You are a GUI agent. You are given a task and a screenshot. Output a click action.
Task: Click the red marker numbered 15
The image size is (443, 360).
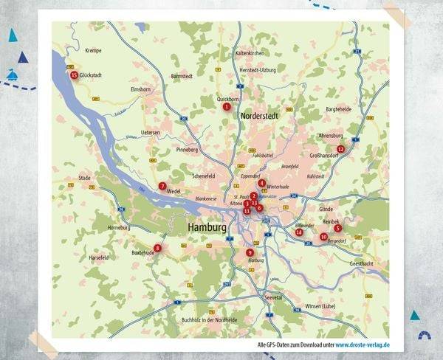click(74, 75)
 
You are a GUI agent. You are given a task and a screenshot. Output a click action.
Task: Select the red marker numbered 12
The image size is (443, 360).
click(340, 149)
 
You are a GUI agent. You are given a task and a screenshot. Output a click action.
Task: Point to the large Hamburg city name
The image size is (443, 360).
click(207, 229)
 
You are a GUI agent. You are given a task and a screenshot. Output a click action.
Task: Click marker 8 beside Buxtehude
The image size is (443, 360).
click(157, 249)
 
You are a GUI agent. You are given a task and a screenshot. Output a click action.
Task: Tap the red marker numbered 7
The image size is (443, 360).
click(162, 186)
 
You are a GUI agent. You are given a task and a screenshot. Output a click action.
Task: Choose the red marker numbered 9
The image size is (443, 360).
click(250, 253)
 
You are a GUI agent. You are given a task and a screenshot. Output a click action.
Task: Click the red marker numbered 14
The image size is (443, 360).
click(299, 232)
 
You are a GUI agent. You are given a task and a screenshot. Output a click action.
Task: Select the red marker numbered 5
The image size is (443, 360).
click(337, 228)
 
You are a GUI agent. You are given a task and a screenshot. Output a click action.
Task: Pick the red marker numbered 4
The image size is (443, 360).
click(262, 182)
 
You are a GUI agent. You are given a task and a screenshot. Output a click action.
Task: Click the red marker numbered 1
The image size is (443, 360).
click(227, 106)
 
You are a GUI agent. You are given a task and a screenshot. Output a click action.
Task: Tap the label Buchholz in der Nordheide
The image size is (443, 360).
click(209, 319)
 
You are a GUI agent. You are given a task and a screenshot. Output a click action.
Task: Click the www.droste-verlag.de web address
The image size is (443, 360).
click(363, 345)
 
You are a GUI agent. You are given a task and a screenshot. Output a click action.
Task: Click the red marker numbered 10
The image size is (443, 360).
click(323, 236)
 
